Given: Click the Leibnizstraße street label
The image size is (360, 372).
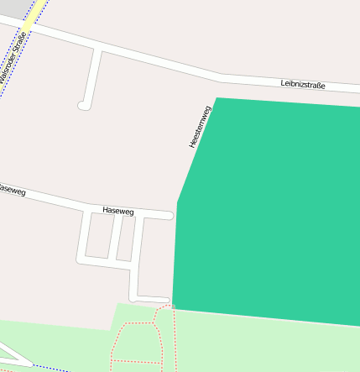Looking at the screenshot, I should pos(303,84).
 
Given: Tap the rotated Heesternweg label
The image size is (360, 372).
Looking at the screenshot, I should pos(199,128).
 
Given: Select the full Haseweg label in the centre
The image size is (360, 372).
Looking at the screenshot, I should pos(117,212).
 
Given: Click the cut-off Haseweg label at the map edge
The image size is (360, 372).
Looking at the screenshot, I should pos(12,191).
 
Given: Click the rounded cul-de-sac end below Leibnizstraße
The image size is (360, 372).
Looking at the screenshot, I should pos(83,106).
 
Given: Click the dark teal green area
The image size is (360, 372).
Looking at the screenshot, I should pos(269,210).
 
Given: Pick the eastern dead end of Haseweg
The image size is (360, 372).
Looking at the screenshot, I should pos(170,216).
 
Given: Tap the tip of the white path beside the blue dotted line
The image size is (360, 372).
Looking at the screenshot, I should pos(32,364).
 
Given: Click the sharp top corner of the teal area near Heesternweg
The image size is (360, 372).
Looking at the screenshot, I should pos(217,98).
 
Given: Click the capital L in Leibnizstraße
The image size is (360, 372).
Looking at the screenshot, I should pos(283,83).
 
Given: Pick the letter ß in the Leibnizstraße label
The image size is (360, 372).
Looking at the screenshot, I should pos(319,85).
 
